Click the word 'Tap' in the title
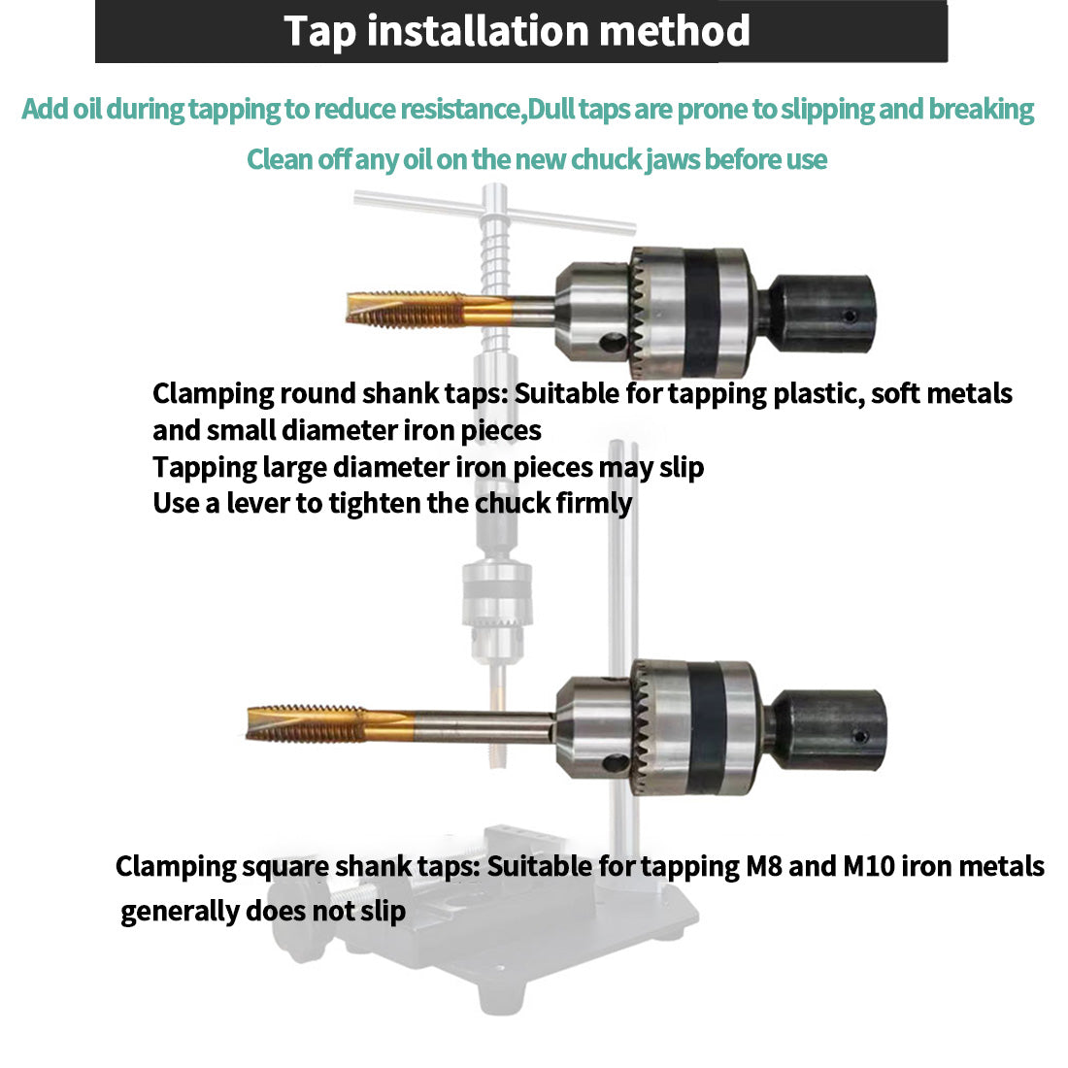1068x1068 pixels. tap(320, 31)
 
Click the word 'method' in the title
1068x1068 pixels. tap(674, 31)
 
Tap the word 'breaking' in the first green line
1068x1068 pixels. tap(981, 109)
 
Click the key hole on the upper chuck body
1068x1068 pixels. tap(611, 342)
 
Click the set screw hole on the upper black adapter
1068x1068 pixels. tap(851, 317)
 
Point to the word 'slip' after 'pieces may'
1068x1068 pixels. tap(681, 467)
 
